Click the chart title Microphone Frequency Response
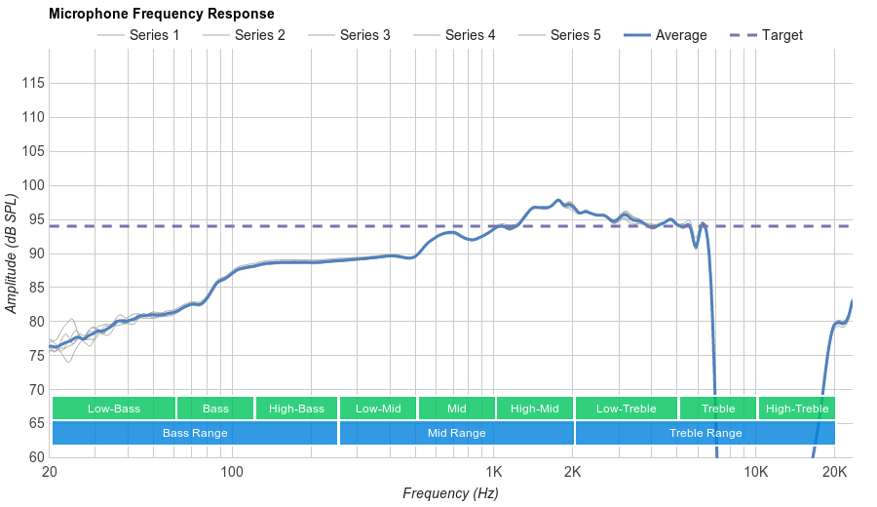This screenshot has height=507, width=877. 161,14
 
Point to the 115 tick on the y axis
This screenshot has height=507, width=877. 33,84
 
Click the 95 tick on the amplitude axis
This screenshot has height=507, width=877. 33,219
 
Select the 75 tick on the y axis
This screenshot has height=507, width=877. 33,356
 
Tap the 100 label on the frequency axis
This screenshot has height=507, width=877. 231,472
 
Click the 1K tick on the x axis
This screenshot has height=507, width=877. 494,472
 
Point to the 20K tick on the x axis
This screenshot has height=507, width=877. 834,472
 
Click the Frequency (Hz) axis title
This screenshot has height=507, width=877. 450,493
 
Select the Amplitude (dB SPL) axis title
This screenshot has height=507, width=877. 12,254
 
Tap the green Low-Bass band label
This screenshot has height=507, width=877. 114,409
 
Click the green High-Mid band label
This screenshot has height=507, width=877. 534,409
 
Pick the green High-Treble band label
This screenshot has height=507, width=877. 796,409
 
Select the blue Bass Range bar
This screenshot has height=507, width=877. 195,433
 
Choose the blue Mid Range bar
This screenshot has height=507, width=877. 456,433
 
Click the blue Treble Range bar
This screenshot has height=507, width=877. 705,433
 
